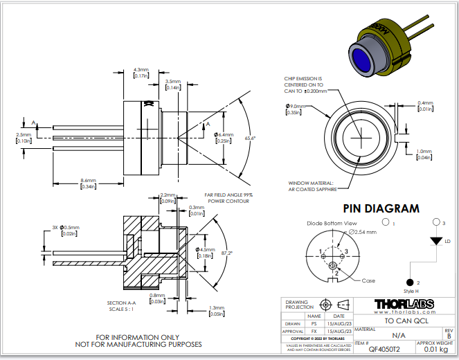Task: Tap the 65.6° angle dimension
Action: click(251, 138)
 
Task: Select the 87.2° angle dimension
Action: click(226, 253)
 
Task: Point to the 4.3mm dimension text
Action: click(141, 70)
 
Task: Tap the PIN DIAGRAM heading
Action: click(381, 208)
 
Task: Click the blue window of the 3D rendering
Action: click(363, 60)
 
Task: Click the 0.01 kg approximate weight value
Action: click(434, 352)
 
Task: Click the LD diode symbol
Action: click(436, 241)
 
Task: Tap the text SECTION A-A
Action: click(122, 303)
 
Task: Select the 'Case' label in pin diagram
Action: click(369, 280)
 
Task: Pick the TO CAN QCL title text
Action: click(403, 322)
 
